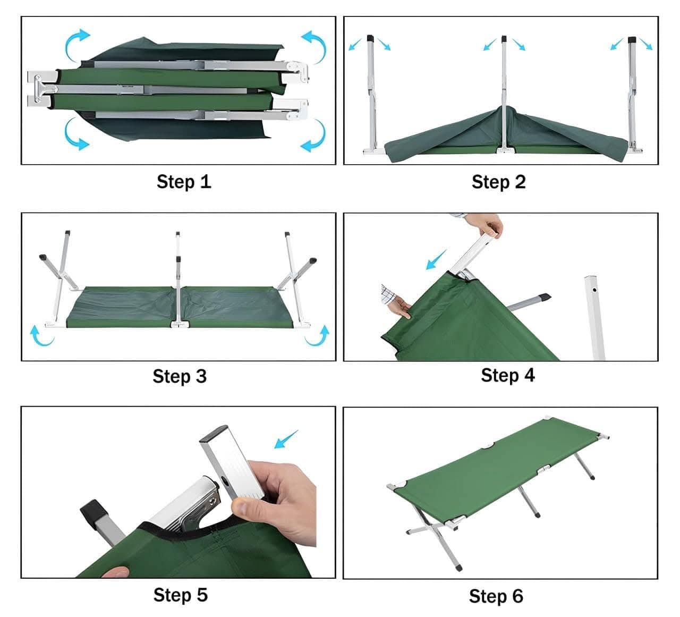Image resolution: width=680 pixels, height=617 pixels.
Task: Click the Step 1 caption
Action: (x=184, y=182)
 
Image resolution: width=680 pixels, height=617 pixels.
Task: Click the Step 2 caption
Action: (x=498, y=182)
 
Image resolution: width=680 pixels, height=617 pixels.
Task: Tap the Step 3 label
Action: (x=180, y=376)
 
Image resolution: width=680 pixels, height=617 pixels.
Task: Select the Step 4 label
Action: (x=507, y=375)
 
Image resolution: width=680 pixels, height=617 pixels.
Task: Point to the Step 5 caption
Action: (x=180, y=595)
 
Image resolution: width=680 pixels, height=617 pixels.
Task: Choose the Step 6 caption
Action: (x=496, y=596)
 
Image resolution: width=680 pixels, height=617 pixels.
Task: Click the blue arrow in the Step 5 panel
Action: (x=286, y=439)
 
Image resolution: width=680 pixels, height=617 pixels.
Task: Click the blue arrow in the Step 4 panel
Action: (x=437, y=260)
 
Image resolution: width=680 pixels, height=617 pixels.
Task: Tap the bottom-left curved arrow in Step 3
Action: (x=40, y=336)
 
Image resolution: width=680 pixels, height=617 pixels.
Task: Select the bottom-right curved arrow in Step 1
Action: (x=313, y=136)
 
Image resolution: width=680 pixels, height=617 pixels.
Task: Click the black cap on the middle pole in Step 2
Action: (x=504, y=39)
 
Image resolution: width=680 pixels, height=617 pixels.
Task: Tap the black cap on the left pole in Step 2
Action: (x=371, y=39)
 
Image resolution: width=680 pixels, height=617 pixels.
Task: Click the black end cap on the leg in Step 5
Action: (x=92, y=510)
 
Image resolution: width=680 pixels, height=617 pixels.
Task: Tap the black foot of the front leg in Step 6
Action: (x=458, y=568)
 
